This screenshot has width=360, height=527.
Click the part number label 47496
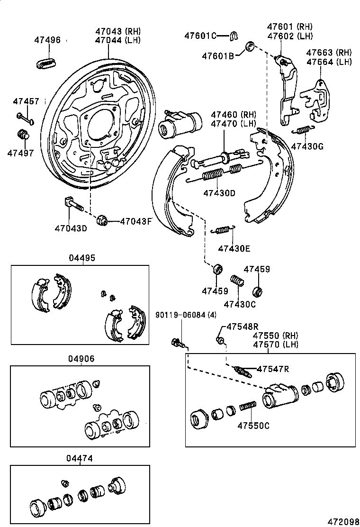[x=47, y=40]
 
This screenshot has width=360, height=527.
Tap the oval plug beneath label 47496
[x=46, y=62]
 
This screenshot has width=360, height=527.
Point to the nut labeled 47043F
[x=101, y=220]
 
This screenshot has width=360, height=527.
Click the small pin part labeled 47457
[x=25, y=118]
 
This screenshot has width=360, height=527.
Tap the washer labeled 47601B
[x=250, y=46]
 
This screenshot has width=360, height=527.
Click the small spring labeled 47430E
[x=222, y=230]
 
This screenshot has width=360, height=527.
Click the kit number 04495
[x=82, y=258]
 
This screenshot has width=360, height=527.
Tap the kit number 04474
[x=80, y=458]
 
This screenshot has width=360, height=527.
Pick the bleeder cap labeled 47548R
[x=220, y=340]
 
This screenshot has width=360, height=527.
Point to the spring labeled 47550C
[x=248, y=407]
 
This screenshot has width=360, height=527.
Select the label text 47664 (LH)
[x=329, y=62]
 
